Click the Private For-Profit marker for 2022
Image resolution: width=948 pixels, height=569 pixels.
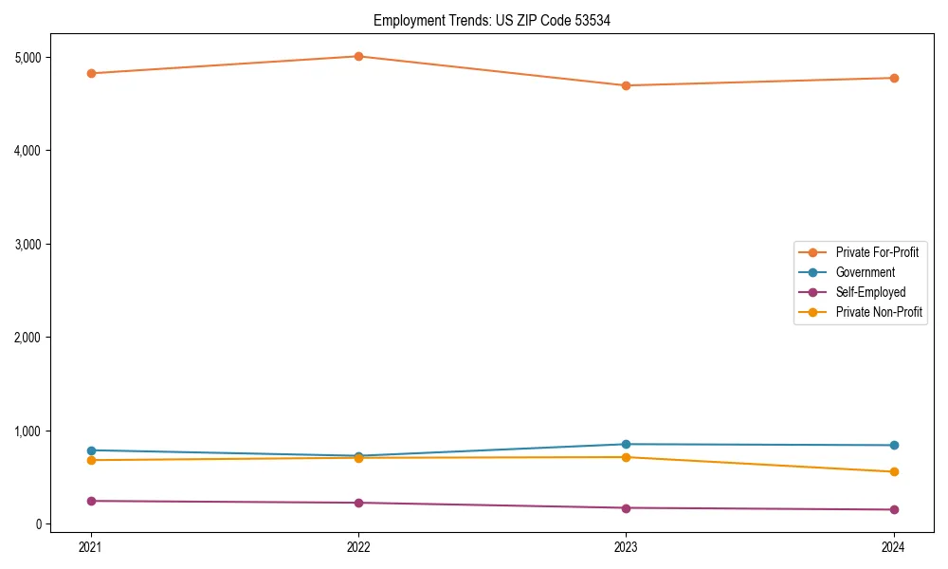click(x=358, y=56)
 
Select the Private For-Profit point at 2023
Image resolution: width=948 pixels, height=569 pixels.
click(x=626, y=85)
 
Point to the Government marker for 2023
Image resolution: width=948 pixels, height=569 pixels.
click(x=626, y=444)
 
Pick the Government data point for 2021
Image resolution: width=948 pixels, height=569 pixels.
click(x=91, y=450)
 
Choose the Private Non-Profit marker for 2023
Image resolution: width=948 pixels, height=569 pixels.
click(x=626, y=457)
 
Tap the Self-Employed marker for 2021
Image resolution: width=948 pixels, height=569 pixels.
click(x=91, y=501)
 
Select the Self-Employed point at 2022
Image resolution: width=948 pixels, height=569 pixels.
click(x=358, y=503)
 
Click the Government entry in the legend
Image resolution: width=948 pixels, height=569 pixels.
click(x=865, y=272)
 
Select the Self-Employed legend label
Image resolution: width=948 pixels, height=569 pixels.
click(x=870, y=292)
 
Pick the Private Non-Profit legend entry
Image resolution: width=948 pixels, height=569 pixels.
click(x=879, y=312)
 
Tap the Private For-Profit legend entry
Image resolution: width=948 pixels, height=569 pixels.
click(x=877, y=252)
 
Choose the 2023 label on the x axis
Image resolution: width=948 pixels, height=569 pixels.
click(x=626, y=546)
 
